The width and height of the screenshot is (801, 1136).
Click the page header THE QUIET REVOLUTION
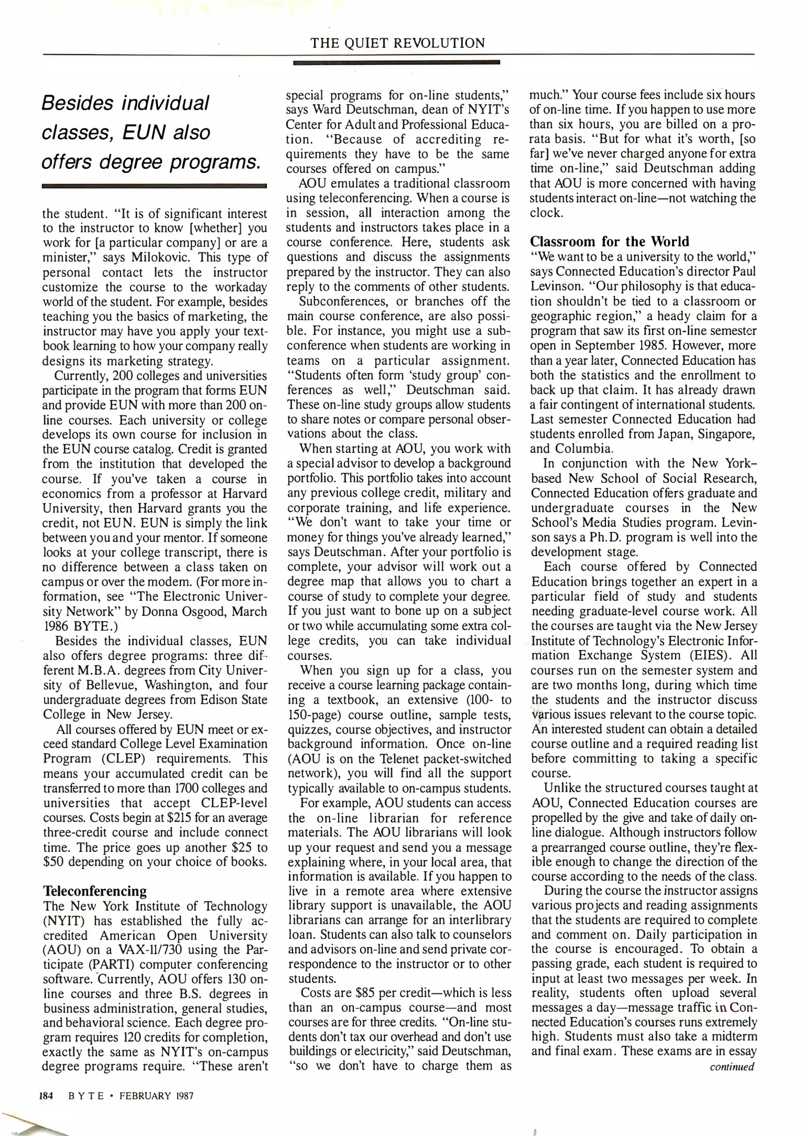pyautogui.click(x=398, y=43)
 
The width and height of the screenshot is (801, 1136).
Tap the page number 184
pyautogui.click(x=47, y=1096)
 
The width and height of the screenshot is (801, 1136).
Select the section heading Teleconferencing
pyautogui.click(x=95, y=891)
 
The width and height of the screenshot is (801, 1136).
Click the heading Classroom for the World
pyautogui.click(x=610, y=241)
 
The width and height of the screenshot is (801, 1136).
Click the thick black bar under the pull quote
pyautogui.click(x=154, y=186)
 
